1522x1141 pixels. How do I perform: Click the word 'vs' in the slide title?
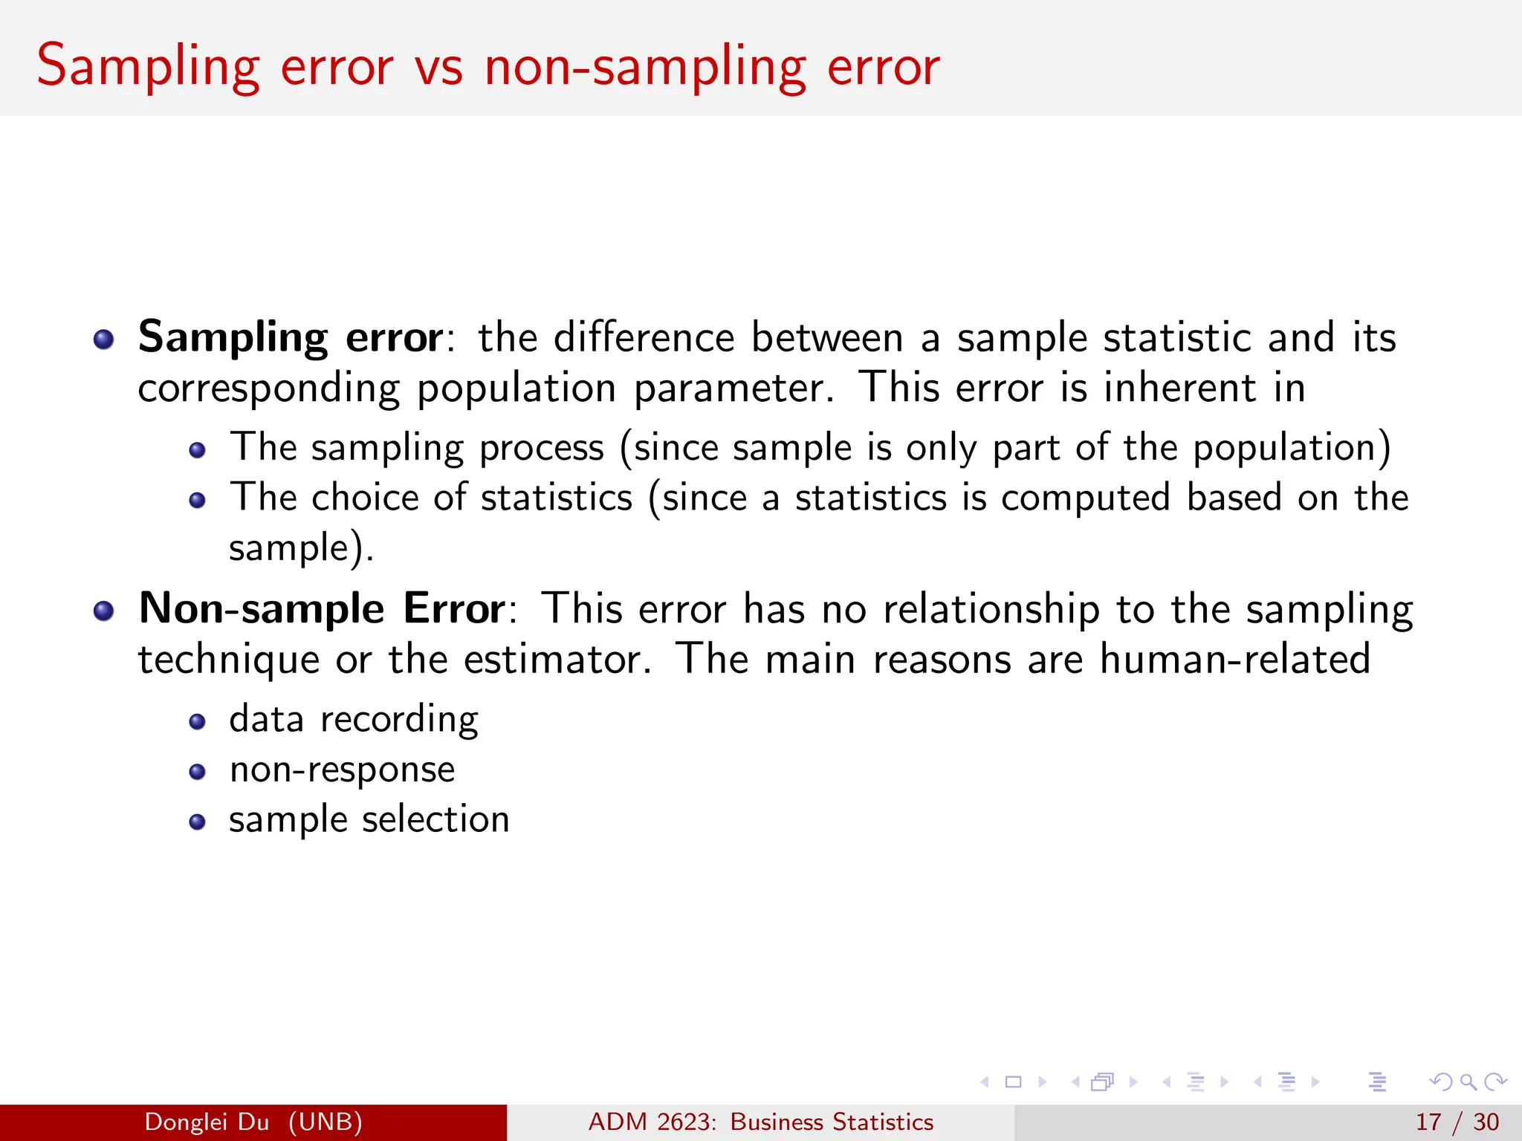pos(438,67)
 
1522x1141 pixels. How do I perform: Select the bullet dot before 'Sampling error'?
pos(103,340)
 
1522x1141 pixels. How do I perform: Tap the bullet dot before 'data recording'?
pos(197,722)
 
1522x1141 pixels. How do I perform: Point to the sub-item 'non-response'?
pos(342,770)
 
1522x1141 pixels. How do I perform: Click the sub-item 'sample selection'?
pos(369,820)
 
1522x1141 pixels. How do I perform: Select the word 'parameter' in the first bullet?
pos(733,389)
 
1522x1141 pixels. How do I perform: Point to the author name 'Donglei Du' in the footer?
pos(207,1122)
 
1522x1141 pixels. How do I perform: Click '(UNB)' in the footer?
pos(325,1122)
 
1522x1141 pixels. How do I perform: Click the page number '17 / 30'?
pos(1457,1122)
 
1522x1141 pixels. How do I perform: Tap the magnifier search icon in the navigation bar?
pos(1468,1082)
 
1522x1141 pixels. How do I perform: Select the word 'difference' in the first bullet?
pos(644,338)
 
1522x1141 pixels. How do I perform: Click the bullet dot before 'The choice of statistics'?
pos(197,501)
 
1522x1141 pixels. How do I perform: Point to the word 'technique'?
pos(229,660)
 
